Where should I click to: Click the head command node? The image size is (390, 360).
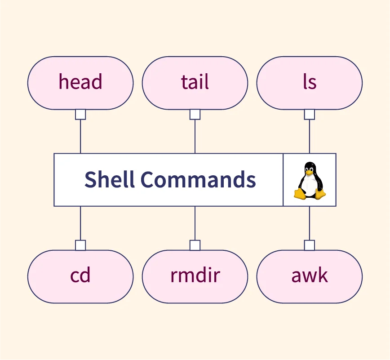80,83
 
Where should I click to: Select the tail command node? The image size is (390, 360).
195,83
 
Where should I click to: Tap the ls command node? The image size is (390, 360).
310,83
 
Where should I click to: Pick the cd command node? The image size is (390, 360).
80,276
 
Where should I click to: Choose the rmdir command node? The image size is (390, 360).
195,276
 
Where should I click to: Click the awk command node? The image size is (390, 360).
310,276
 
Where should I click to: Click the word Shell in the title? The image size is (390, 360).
109,180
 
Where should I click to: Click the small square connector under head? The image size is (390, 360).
80,115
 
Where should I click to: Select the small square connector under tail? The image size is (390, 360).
195,115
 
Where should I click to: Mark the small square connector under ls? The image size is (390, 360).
310,115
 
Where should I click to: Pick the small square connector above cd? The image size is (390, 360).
80,245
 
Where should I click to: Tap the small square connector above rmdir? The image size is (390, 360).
195,245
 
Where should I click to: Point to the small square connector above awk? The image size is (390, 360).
310,245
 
